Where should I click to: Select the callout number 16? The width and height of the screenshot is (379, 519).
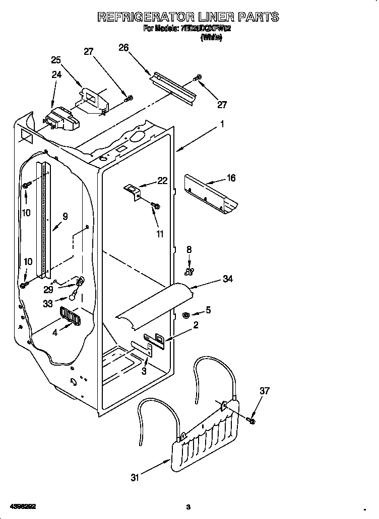point(231,178)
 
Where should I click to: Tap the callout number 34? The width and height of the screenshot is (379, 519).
point(228,279)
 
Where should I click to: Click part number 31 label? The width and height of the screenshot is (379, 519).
point(134,478)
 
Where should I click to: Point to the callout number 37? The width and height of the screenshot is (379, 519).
point(265,391)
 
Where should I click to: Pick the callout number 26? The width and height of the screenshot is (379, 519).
point(123,48)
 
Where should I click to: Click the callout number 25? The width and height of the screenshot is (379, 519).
point(56,60)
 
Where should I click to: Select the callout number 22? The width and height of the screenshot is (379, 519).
point(162,181)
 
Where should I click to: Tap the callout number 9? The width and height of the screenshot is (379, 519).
point(65,217)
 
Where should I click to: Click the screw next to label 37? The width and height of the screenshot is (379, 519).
point(251,419)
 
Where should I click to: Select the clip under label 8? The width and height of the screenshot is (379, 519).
point(189,272)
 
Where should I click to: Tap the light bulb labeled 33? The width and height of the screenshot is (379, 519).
point(73,297)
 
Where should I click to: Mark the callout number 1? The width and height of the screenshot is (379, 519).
point(222,124)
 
